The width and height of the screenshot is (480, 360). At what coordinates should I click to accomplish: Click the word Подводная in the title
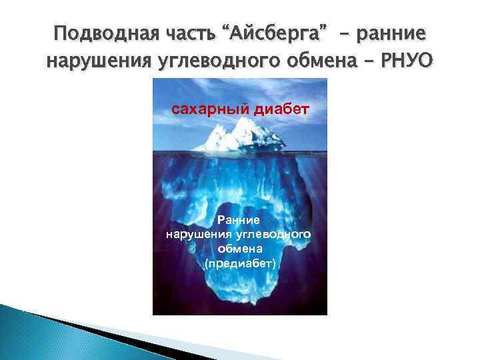pos(96,34)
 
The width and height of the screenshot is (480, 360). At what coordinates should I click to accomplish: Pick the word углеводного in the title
pos(210,62)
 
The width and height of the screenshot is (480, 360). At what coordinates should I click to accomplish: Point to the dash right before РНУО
pos(370,61)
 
